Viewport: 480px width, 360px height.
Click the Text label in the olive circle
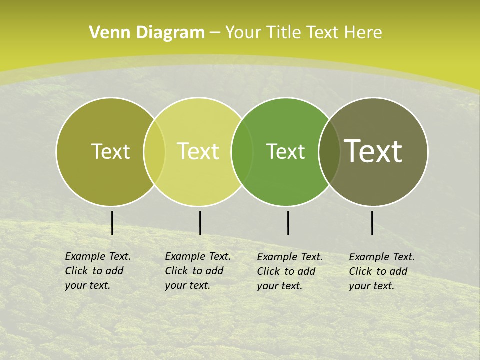click(x=110, y=151)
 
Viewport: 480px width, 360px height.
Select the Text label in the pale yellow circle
click(x=198, y=151)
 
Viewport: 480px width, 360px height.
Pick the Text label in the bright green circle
click(x=285, y=151)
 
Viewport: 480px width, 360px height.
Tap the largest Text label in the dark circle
click(x=373, y=151)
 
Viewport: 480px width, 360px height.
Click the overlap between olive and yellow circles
click(x=154, y=151)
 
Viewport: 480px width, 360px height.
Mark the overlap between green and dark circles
click(x=329, y=151)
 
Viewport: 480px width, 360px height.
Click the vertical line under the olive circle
click(x=112, y=223)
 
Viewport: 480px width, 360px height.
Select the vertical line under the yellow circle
click(x=200, y=223)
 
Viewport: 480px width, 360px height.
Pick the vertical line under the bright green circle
click(x=288, y=223)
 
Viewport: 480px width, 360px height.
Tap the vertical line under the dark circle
click(x=372, y=223)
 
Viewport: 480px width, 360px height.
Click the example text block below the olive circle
click(x=98, y=271)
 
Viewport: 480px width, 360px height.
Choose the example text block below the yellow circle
click(x=198, y=271)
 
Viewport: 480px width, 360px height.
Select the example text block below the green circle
click(x=290, y=271)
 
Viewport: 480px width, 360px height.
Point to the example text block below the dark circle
click(x=382, y=271)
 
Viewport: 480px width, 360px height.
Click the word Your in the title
click(x=243, y=33)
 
